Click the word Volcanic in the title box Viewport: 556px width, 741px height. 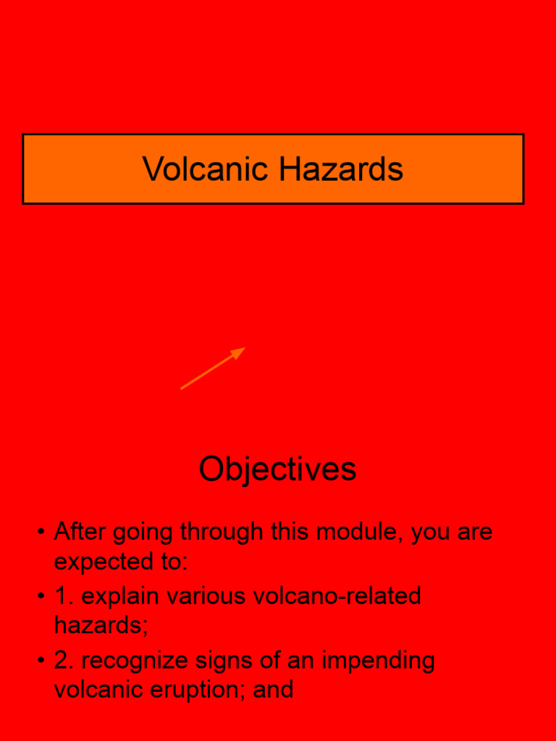coord(206,169)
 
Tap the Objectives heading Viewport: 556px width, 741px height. coord(277,469)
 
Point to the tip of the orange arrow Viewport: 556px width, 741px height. coord(244,349)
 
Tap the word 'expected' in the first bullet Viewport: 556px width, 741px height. coord(106,562)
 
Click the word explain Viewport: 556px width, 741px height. coord(120,597)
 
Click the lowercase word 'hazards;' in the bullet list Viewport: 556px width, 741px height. coord(101,624)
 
